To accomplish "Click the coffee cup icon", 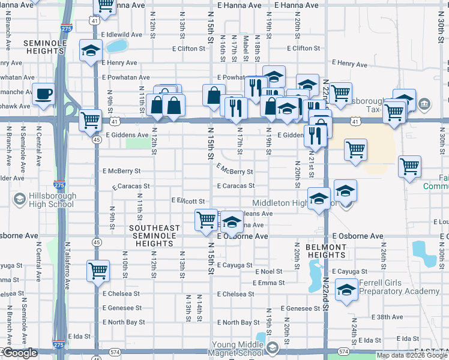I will (44, 94).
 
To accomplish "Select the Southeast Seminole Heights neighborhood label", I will (154, 236).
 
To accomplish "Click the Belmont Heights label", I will (326, 251).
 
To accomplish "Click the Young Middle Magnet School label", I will (237, 348).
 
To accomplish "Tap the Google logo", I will (20, 353).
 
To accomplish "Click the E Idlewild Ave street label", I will (124, 35).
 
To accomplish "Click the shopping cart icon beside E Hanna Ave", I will (105, 6).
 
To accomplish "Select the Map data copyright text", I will (411, 355).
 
